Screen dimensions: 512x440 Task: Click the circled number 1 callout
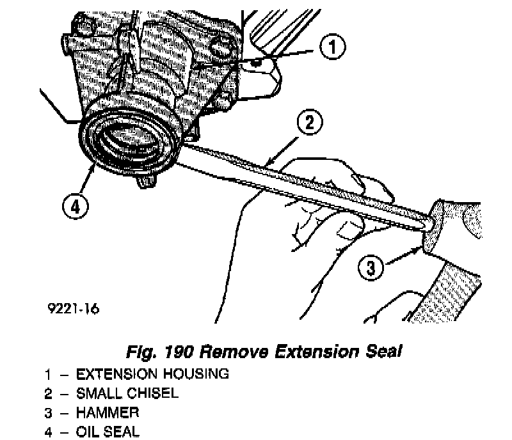pos(332,47)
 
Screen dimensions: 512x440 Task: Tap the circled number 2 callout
pos(310,122)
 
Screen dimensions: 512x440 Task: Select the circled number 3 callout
pos(371,268)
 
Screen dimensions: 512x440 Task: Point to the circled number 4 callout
pos(75,207)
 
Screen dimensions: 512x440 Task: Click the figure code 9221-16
pos(73,308)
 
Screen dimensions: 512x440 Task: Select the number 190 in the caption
pos(179,352)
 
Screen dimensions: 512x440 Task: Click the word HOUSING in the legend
pos(196,373)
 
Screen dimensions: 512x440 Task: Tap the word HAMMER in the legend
pos(108,412)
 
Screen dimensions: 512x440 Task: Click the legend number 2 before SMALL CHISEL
pos(48,394)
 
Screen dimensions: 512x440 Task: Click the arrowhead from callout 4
pos(93,168)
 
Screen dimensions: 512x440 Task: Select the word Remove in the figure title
pos(234,352)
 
